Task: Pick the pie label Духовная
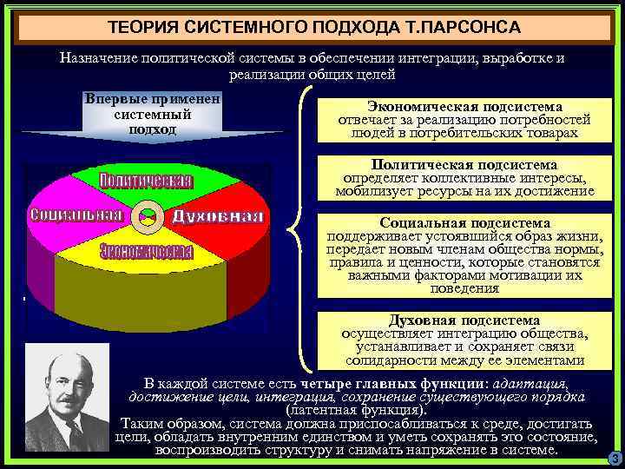coord(217,215)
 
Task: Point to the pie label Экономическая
coord(145,251)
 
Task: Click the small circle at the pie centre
coord(148,215)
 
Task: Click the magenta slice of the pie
coord(69,191)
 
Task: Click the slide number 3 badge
coord(614,458)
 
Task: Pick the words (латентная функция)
coord(356,409)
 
